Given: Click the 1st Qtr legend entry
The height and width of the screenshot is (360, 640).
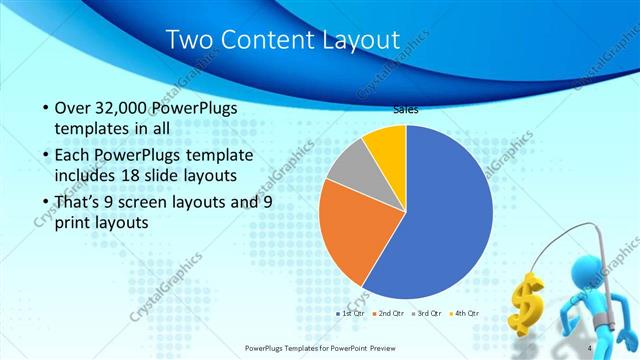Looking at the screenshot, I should point(349,313).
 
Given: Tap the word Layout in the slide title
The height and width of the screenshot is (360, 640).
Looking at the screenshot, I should point(350,40).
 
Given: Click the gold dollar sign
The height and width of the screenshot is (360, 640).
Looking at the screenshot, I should point(527,301).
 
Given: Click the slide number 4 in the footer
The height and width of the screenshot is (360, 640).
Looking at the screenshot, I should point(591,348).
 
